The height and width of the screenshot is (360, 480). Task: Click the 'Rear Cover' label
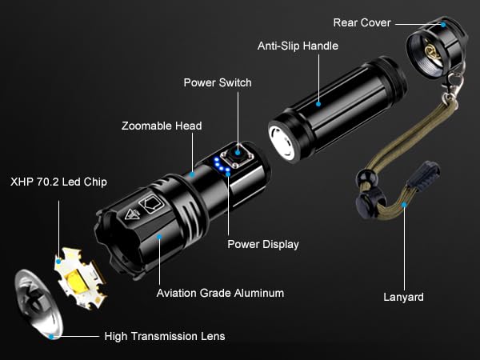click(x=362, y=22)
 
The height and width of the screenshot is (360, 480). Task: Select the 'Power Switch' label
click(x=218, y=82)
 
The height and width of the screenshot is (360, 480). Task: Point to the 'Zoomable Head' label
click(x=162, y=126)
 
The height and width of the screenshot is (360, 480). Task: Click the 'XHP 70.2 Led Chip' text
click(x=58, y=182)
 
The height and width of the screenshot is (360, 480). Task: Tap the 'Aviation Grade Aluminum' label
click(x=220, y=293)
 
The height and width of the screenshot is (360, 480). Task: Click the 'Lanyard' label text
click(x=403, y=297)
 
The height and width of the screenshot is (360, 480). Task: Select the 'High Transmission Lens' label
click(x=165, y=336)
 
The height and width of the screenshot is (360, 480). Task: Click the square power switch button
click(x=238, y=151)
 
